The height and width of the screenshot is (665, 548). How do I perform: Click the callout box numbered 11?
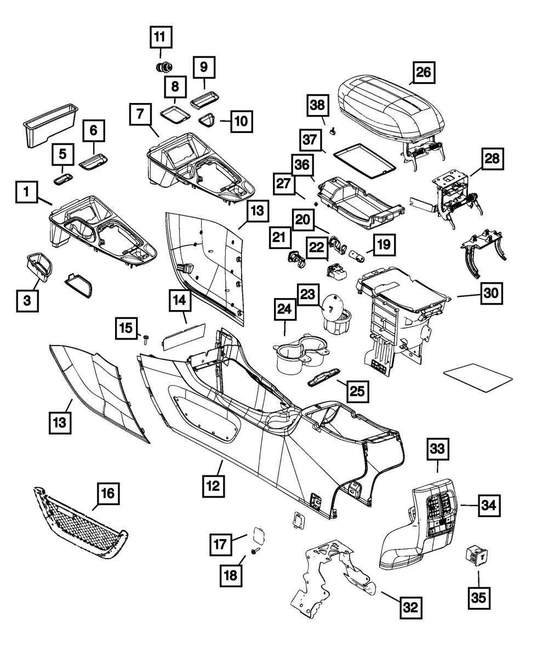click(160, 37)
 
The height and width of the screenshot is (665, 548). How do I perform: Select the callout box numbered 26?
click(424, 72)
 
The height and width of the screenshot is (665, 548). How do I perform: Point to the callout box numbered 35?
click(479, 597)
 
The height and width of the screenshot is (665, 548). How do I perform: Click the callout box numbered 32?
click(410, 606)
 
